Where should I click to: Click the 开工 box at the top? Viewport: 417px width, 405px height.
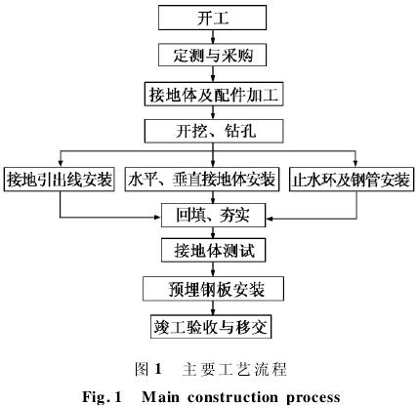212,18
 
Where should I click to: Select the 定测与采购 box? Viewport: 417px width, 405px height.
212,55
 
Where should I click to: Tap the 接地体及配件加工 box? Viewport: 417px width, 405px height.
214,94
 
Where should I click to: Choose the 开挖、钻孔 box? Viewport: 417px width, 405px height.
214,131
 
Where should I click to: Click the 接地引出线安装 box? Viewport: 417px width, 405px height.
60,179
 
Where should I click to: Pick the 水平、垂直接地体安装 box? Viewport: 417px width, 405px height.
202,179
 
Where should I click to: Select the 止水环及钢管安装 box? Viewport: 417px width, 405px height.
352,179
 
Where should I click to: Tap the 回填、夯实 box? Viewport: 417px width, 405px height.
214,215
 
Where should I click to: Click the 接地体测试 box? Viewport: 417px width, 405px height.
214,250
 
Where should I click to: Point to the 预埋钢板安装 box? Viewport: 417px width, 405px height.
213,289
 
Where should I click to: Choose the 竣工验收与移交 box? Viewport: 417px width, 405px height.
211,326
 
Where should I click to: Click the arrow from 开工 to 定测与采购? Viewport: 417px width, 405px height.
213,37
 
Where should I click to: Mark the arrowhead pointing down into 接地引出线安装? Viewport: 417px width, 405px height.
60,164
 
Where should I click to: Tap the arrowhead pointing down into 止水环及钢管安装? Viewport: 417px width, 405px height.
355,164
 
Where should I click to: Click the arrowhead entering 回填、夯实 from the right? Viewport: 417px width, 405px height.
270,218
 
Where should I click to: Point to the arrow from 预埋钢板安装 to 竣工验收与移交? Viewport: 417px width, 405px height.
213,307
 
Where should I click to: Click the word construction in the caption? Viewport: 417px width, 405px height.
232,397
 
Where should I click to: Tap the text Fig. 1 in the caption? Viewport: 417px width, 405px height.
102,397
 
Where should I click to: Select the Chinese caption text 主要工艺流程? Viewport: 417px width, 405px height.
234,369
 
